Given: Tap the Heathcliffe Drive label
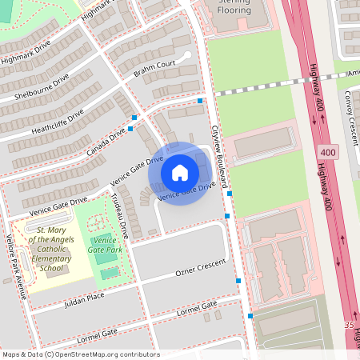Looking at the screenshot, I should [x=58, y=121].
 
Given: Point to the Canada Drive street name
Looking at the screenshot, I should [x=106, y=141].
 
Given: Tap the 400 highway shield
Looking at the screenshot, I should [x=326, y=152].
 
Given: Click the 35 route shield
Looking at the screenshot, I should [x=347, y=326].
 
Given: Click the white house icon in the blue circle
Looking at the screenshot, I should [x=179, y=173].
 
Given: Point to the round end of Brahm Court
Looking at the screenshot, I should [x=187, y=54].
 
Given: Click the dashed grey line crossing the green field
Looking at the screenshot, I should [x=256, y=90].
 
